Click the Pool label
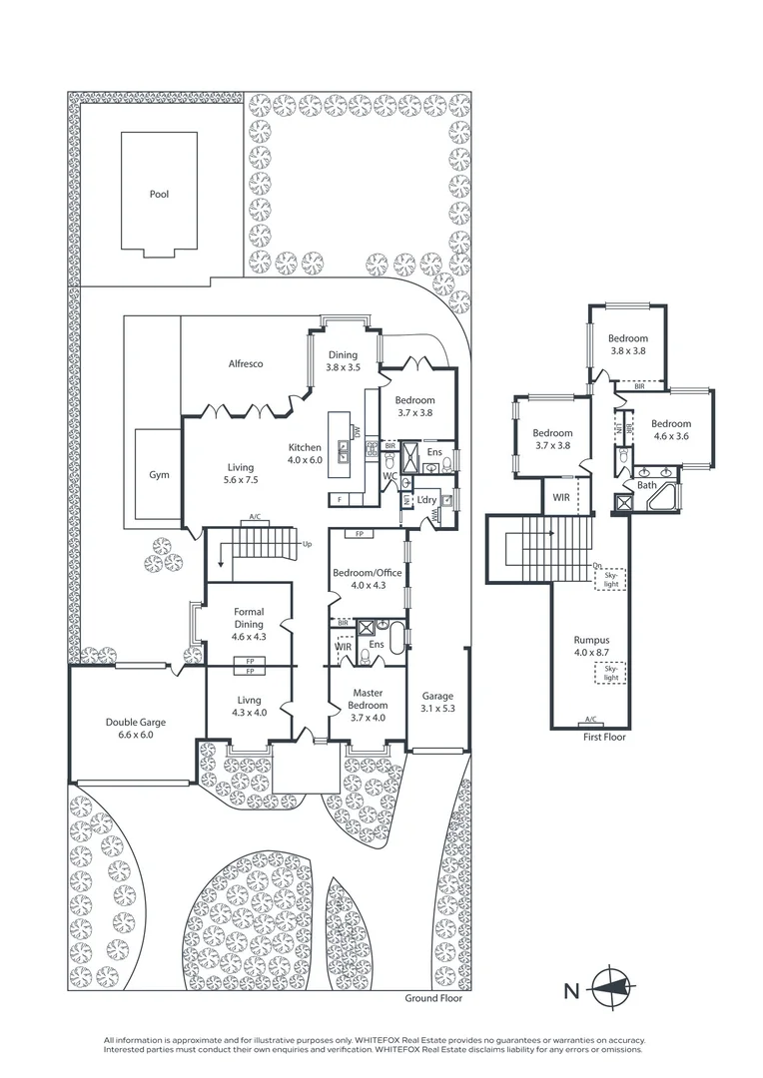[159, 194]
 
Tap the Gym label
[159, 475]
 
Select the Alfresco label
[245, 364]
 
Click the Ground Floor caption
[433, 998]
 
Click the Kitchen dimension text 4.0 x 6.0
[306, 460]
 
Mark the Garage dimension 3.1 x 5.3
[437, 710]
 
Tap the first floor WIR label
[560, 493]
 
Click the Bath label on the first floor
[647, 486]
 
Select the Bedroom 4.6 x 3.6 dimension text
[671, 436]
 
